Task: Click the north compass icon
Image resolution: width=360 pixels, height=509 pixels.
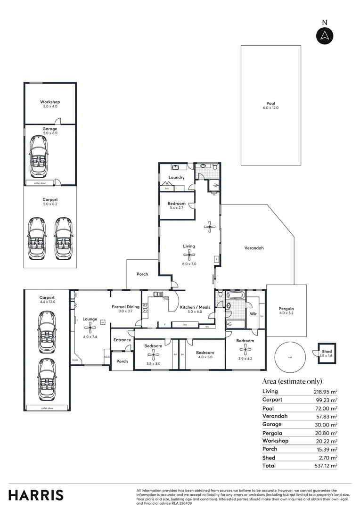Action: tap(324, 36)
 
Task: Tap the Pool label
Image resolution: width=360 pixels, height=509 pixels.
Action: tap(270, 103)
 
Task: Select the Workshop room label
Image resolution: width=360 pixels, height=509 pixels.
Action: tap(50, 102)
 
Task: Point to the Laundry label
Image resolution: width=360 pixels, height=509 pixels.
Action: tap(176, 178)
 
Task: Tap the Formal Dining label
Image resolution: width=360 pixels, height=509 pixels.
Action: tap(125, 307)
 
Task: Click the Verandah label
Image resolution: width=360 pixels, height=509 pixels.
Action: tap(254, 248)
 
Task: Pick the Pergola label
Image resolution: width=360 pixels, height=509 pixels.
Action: tap(286, 309)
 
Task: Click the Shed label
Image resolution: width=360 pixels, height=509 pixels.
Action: tap(327, 352)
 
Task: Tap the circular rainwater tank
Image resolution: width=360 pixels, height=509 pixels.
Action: tap(290, 357)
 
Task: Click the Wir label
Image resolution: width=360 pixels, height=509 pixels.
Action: tap(253, 313)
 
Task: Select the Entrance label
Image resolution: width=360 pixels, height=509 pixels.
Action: tap(122, 340)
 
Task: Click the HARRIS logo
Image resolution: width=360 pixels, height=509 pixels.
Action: tap(36, 495)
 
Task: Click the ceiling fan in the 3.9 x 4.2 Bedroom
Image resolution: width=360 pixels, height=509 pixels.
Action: tap(245, 349)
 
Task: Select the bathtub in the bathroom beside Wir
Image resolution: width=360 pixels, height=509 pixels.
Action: tap(235, 296)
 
